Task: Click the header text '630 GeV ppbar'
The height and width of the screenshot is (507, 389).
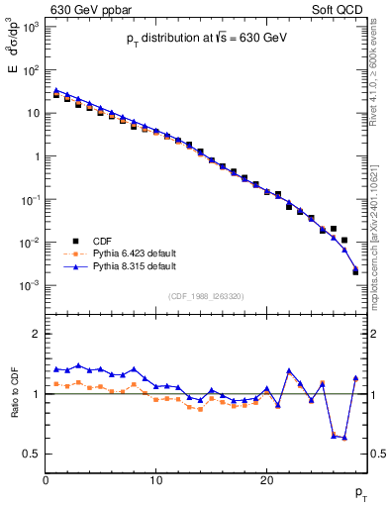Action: click(x=85, y=10)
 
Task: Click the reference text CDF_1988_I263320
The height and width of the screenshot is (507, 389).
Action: click(x=205, y=295)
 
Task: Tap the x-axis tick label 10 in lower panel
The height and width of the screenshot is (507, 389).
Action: click(x=155, y=480)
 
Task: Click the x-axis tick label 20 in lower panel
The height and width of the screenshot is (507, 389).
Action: click(x=266, y=480)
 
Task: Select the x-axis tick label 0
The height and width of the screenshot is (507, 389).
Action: click(x=46, y=480)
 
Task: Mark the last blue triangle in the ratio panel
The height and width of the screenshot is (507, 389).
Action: click(x=355, y=377)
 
